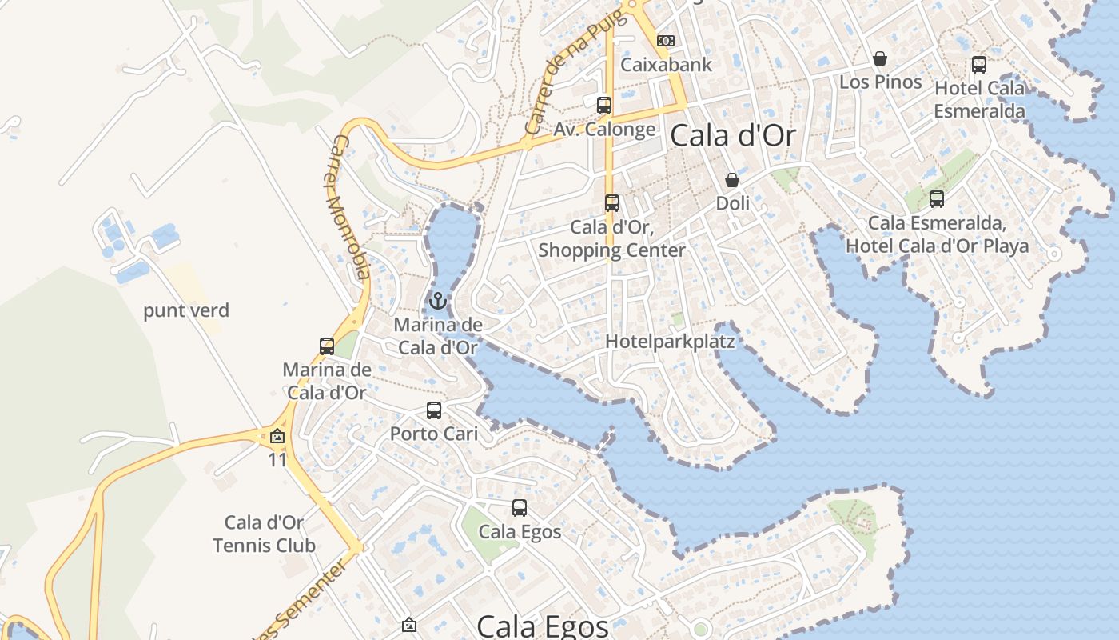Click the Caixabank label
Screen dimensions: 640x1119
pyautogui.click(x=666, y=65)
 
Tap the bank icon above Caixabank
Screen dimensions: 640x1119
pyautogui.click(x=666, y=41)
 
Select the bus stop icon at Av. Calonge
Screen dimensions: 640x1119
pyautogui.click(x=604, y=106)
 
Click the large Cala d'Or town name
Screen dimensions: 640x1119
pyautogui.click(x=733, y=136)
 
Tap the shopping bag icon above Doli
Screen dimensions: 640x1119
pyautogui.click(x=732, y=180)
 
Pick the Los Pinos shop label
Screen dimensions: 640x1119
pyautogui.click(x=880, y=82)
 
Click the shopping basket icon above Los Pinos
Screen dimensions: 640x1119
pyautogui.click(x=880, y=58)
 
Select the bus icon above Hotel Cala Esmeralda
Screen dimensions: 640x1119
pyautogui.click(x=979, y=65)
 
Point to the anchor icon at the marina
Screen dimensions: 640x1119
pyautogui.click(x=437, y=302)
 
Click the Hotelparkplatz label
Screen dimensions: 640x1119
pyautogui.click(x=670, y=342)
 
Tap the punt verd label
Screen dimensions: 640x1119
pyautogui.click(x=186, y=311)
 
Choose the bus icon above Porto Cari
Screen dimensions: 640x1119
pyautogui.click(x=434, y=410)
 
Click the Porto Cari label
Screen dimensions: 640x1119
pyautogui.click(x=434, y=434)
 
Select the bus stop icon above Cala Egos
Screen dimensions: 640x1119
pyautogui.click(x=520, y=508)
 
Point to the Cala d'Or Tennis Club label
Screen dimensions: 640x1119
pyautogui.click(x=265, y=534)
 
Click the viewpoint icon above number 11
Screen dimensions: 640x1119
pyautogui.click(x=277, y=437)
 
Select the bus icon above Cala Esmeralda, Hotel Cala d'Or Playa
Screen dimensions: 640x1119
pyautogui.click(x=937, y=199)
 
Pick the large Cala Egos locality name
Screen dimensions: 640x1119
pyautogui.click(x=543, y=626)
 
